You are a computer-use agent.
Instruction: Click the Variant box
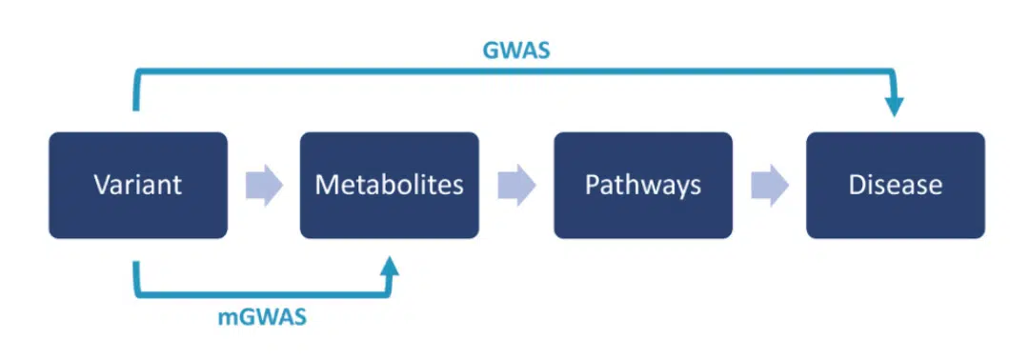click(x=138, y=185)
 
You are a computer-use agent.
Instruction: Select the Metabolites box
click(x=390, y=185)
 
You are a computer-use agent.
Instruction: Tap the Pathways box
click(x=643, y=185)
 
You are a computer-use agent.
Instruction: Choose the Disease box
click(x=896, y=185)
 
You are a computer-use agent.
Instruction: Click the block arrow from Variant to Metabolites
click(x=264, y=186)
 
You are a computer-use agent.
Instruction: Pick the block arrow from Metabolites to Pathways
click(x=516, y=186)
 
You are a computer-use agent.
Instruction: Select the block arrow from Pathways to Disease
click(x=769, y=186)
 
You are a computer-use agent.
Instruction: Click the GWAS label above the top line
click(x=515, y=50)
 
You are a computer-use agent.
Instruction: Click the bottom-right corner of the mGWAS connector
click(x=389, y=293)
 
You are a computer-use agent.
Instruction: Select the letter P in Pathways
click(x=592, y=185)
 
